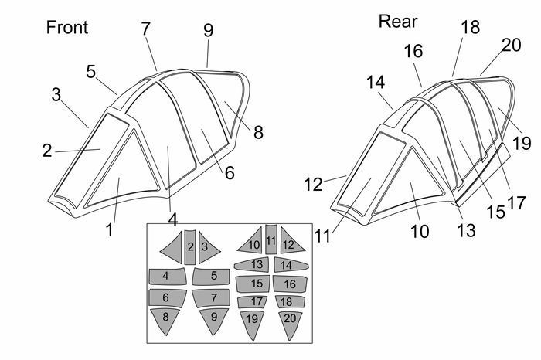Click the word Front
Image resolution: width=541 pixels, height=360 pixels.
(x=67, y=27)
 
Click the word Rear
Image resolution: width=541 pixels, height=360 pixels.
(x=398, y=22)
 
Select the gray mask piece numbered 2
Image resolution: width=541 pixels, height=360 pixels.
(x=190, y=247)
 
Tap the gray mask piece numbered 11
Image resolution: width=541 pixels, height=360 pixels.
(x=271, y=239)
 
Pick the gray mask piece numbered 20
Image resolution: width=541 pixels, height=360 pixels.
(x=290, y=324)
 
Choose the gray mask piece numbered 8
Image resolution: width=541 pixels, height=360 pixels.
(x=165, y=320)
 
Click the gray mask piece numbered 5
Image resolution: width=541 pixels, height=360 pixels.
(x=211, y=277)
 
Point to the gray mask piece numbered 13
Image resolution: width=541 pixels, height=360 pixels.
(x=251, y=265)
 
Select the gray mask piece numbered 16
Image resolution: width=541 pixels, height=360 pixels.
(x=290, y=284)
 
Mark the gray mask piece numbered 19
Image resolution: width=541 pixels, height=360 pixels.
(x=252, y=324)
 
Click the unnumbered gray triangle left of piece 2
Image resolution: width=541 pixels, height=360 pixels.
(x=173, y=247)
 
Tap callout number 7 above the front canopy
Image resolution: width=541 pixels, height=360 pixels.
(x=146, y=29)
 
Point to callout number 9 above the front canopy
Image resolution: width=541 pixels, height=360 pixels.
(x=209, y=30)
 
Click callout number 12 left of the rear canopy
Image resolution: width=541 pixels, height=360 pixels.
(x=313, y=185)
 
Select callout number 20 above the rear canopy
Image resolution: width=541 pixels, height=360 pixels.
(x=511, y=45)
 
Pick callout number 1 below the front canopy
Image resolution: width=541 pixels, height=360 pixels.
(x=110, y=230)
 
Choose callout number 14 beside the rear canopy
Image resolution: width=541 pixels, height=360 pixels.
(x=376, y=83)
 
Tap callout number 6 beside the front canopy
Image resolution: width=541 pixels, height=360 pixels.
(x=230, y=172)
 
